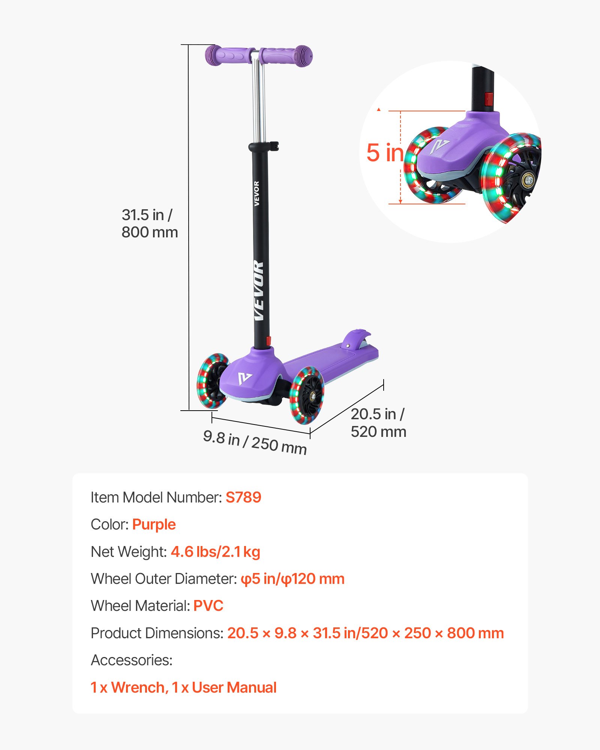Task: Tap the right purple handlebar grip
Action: point(287,56)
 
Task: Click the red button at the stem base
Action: point(268,341)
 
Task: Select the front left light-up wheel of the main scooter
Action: point(212,381)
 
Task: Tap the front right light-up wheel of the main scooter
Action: point(307,395)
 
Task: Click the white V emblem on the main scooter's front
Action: point(245,378)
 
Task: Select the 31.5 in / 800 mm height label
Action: point(149,223)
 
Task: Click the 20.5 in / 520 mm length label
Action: point(378,423)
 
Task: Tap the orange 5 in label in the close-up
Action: point(385,153)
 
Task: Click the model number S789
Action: point(243,497)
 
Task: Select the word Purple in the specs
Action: point(154,524)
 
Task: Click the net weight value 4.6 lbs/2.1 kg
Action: point(215,552)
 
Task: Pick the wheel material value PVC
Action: point(208,606)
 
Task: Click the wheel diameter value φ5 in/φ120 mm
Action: point(292,579)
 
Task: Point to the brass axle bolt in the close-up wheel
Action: point(529,180)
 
